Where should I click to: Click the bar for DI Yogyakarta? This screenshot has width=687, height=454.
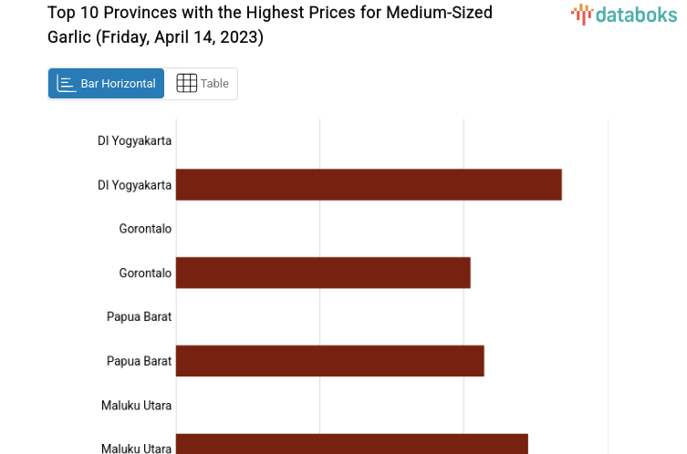coord(369,184)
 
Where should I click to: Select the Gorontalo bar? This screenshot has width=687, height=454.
coord(323,273)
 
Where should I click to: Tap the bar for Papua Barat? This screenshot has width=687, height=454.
coord(329,361)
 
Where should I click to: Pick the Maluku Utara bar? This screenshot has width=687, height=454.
coord(351,444)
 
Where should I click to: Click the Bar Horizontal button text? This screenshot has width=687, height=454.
coord(118,84)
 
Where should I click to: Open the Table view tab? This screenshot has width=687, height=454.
coord(214,84)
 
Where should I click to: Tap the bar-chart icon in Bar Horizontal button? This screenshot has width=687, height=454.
coord(66,84)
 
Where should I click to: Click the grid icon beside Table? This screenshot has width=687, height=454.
coord(186,84)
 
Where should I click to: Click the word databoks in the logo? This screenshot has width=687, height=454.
coord(637,14)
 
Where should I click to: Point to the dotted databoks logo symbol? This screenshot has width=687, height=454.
coord(581,14)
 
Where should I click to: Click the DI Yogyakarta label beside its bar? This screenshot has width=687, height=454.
coord(134,185)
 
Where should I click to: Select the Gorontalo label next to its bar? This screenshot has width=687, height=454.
coord(145,273)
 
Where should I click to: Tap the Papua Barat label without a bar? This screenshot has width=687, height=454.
coord(139,316)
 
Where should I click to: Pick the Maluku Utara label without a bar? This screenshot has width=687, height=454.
coord(136,405)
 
